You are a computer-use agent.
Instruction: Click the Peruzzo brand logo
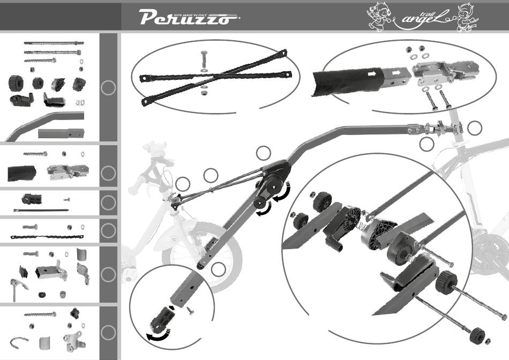click(190, 19)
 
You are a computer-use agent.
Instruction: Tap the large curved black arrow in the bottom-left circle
click(159, 335)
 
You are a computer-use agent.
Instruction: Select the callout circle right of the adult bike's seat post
click(474, 129)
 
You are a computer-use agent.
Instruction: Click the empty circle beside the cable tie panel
click(108, 202)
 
